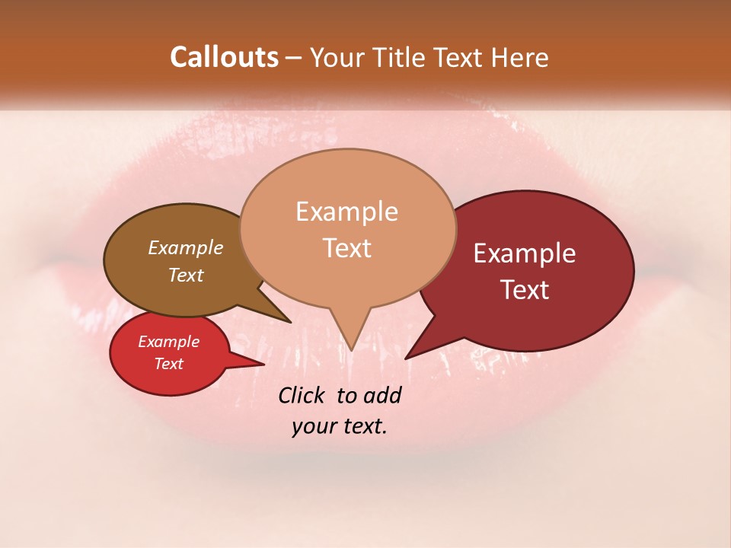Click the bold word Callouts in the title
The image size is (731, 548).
click(224, 57)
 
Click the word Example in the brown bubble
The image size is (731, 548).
click(185, 247)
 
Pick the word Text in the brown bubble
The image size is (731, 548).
click(185, 275)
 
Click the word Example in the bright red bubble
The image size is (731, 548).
click(168, 342)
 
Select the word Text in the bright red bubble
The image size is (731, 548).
click(168, 364)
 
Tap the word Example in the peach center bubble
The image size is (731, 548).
click(346, 212)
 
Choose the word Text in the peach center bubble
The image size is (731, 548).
click(346, 248)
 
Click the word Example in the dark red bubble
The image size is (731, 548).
click(525, 253)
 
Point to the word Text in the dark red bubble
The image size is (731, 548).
click(525, 290)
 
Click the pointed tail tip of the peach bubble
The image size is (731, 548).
click(351, 350)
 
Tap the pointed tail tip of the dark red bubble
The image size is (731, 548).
click(406, 358)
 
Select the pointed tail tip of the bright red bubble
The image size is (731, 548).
click(263, 365)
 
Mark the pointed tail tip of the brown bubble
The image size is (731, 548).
click(290, 322)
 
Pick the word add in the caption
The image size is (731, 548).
click(382, 395)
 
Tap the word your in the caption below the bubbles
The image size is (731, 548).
click(312, 425)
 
